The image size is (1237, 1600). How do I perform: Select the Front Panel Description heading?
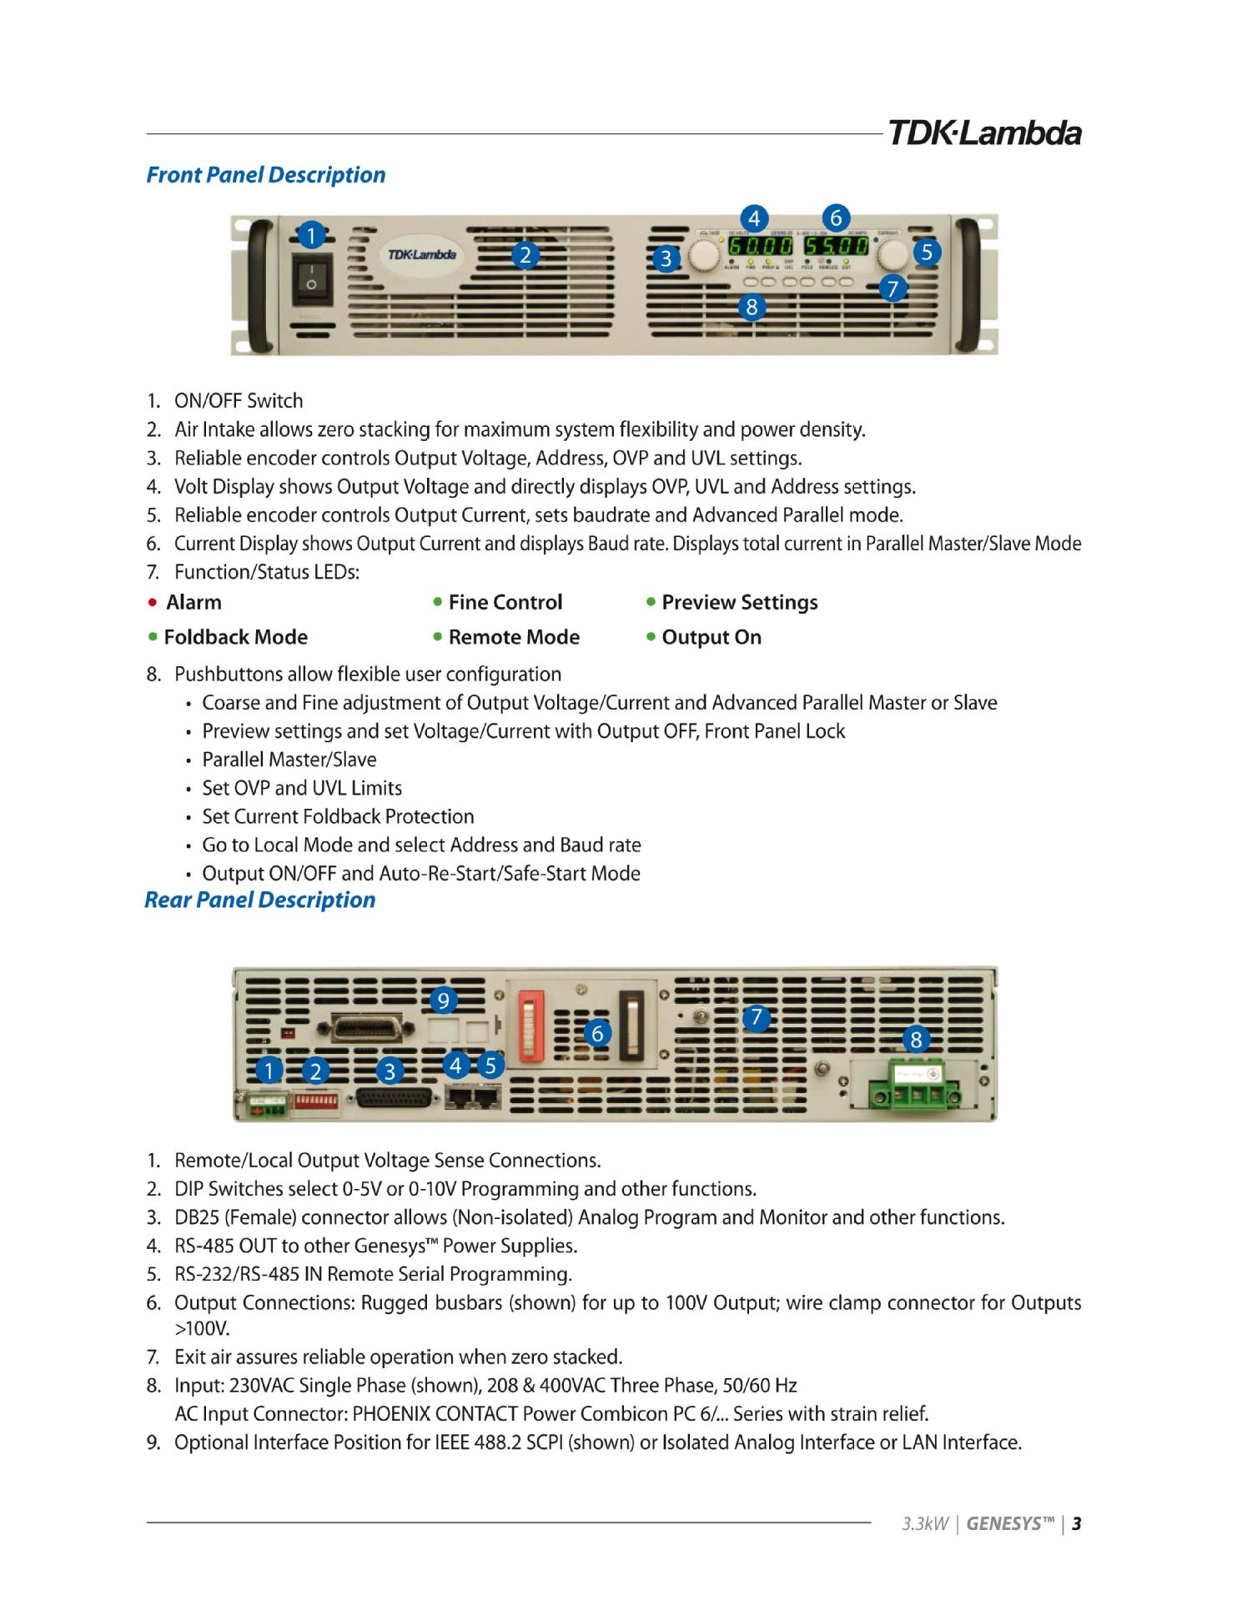265,175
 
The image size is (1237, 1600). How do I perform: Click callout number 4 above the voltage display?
754,218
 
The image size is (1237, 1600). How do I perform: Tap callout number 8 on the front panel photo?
752,308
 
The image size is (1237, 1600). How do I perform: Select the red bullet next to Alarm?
151,602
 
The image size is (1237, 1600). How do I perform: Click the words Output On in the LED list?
712,638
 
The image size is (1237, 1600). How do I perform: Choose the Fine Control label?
505,602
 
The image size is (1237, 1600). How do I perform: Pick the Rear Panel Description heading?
259,900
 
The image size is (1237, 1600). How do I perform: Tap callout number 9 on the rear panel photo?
443,1000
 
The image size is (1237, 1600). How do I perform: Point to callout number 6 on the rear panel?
597,1034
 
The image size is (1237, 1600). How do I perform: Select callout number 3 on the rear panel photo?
390,1071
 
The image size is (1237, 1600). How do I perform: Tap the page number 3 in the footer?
1077,1524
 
